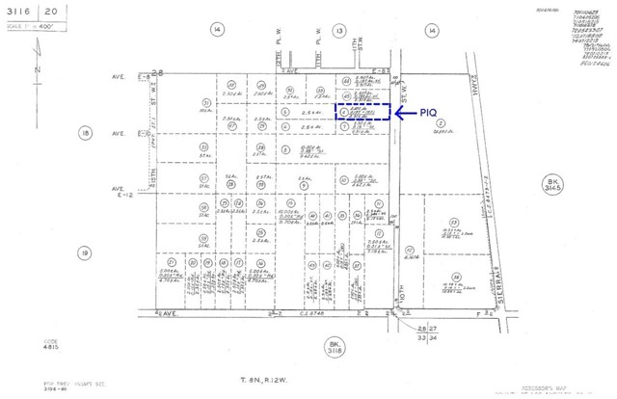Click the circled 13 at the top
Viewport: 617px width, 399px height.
(339, 31)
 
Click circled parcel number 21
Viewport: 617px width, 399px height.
(171, 261)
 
